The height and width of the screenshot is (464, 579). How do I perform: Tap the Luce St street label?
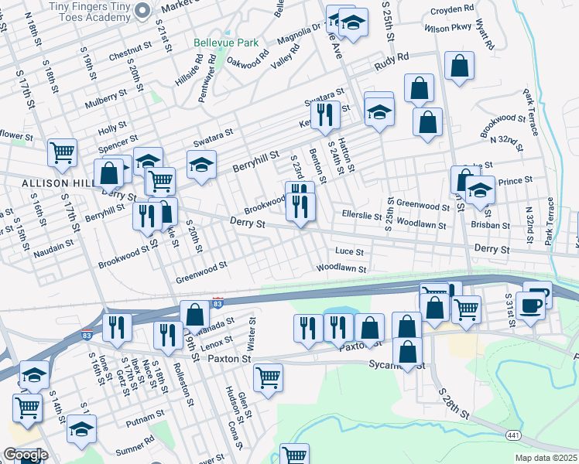[349, 251]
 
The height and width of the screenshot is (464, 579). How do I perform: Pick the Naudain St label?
[53, 242]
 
